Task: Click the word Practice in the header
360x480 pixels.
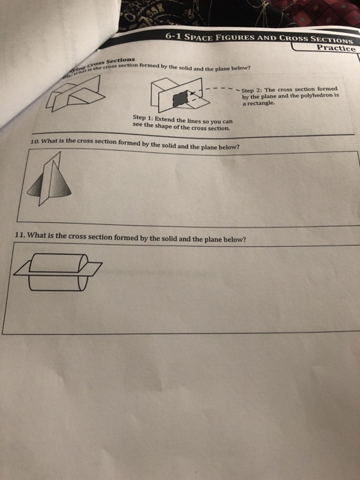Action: pos(335,48)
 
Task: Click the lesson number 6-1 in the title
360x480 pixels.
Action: pos(176,36)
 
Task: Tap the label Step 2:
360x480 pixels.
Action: pos(253,89)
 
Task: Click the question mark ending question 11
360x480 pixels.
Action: pos(243,240)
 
